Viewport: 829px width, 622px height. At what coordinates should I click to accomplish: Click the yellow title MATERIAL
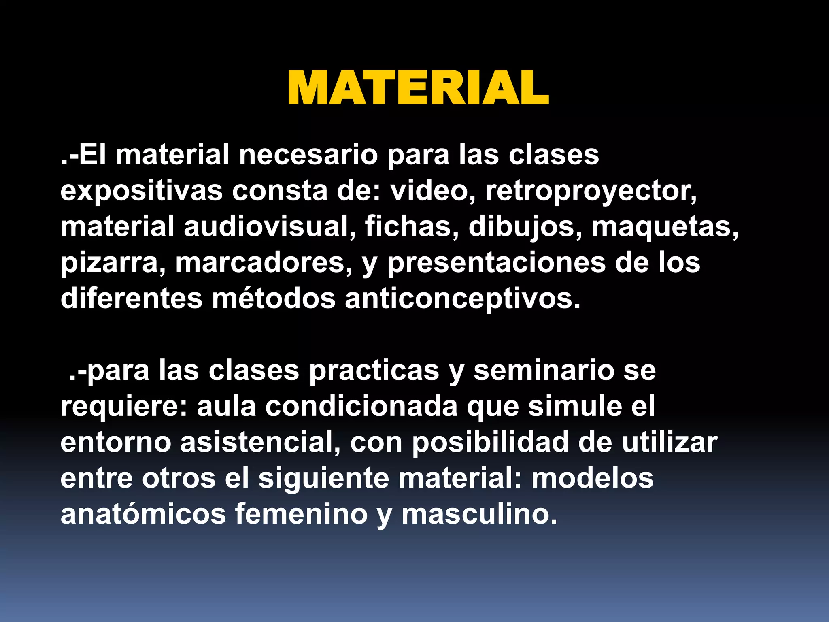[418, 88]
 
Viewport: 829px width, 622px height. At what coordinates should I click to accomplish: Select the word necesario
[308, 155]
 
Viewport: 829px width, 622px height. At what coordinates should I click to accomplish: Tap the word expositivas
[141, 191]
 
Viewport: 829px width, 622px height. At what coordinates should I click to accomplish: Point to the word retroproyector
[591, 191]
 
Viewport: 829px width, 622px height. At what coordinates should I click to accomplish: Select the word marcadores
[264, 263]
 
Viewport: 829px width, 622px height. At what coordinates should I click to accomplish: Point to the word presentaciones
[496, 263]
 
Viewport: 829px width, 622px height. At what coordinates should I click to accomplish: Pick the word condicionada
[361, 407]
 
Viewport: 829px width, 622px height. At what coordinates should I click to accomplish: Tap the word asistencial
[260, 442]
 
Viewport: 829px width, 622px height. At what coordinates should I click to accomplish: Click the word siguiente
[324, 478]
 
